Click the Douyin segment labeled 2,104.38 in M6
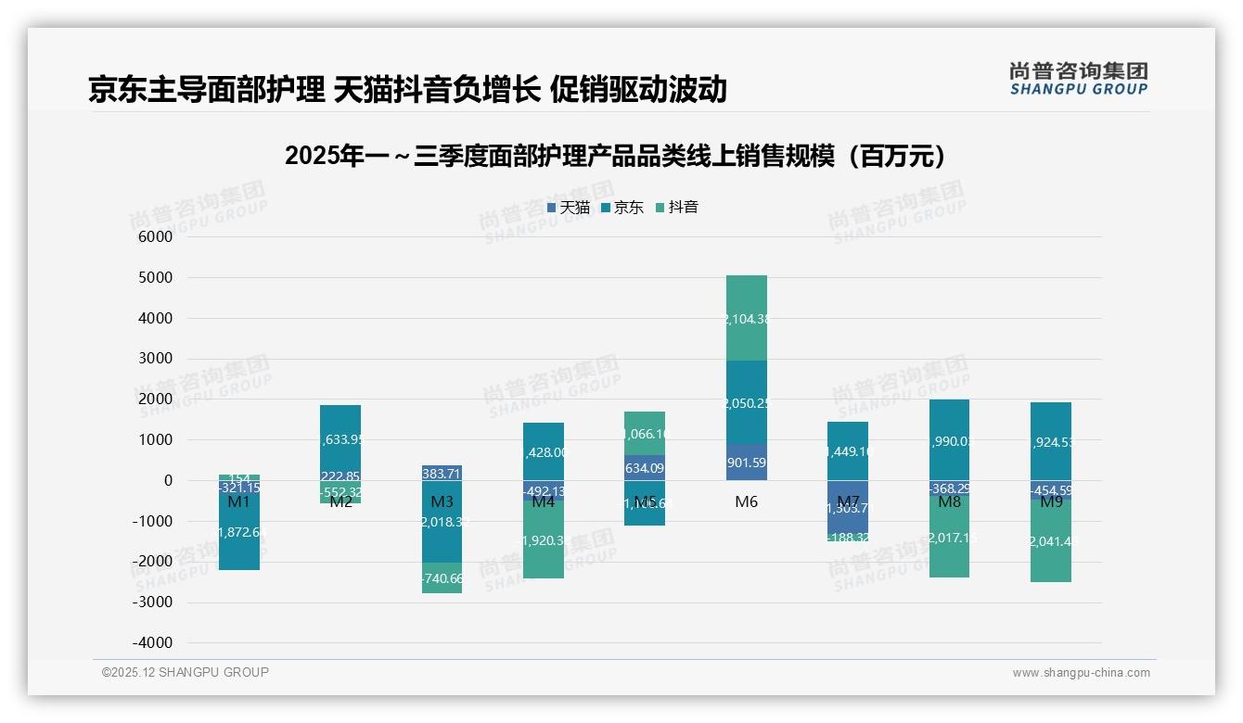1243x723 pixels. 747,318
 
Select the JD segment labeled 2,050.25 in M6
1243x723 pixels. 747,402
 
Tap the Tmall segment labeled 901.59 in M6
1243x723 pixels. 747,462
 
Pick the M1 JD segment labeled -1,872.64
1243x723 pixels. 239,531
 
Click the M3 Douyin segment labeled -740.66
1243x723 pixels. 442,577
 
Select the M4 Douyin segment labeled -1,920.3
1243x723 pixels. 544,539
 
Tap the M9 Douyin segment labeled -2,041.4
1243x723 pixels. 1051,541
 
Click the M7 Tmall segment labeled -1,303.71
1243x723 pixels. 848,507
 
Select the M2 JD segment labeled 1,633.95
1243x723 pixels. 340,440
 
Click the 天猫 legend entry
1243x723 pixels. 569,208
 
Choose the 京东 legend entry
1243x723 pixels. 622,208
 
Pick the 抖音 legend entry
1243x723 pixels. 677,208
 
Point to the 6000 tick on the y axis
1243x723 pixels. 156,237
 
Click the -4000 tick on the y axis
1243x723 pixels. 152,642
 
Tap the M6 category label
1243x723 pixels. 747,501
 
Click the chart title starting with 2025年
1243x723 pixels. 620,156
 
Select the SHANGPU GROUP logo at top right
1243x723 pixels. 1078,79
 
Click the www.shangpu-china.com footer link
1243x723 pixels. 1081,673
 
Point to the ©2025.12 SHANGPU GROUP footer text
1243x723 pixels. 185,673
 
